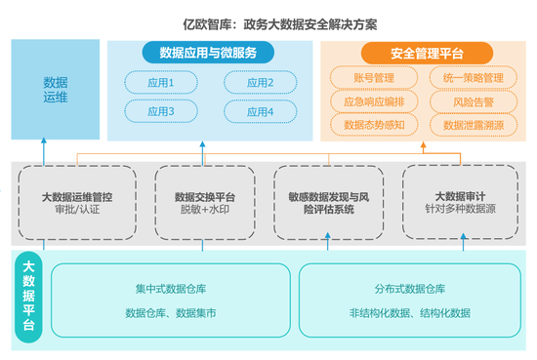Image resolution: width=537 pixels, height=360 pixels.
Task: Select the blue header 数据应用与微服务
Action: coord(200,53)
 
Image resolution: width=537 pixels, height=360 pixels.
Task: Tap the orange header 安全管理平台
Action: coord(426,53)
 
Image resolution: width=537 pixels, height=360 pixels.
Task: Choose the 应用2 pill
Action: coord(260,83)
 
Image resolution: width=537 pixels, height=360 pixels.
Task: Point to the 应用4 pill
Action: coord(260,111)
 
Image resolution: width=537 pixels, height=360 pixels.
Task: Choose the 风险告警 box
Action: coord(473,101)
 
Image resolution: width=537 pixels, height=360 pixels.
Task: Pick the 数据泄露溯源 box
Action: coord(473,125)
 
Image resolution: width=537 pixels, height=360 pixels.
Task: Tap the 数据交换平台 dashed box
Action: coord(205,202)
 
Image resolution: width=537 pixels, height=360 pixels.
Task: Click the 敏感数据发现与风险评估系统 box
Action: coord(328,202)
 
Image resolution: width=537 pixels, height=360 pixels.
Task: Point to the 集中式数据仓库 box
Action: coord(167,300)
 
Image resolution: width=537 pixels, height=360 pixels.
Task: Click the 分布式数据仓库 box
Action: coord(409,300)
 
